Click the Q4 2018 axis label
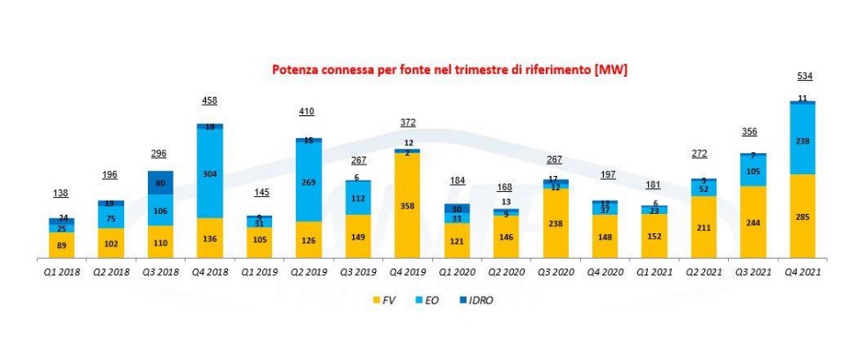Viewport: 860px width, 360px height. click(x=210, y=272)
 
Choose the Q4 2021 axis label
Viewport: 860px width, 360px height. click(x=802, y=272)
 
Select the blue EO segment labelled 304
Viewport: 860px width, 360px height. click(x=209, y=173)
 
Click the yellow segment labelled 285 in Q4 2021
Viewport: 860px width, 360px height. click(x=802, y=217)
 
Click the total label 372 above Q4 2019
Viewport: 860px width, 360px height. click(x=407, y=122)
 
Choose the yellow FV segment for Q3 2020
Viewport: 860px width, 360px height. click(x=555, y=224)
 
